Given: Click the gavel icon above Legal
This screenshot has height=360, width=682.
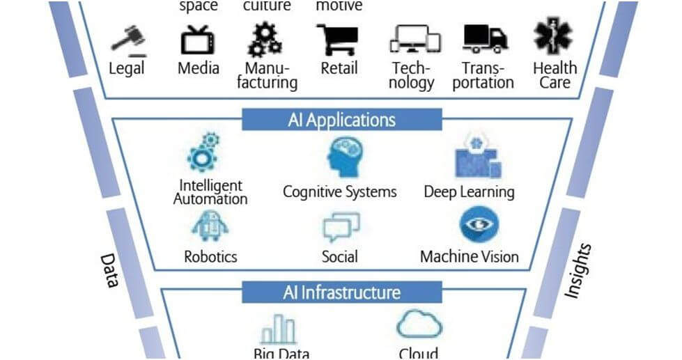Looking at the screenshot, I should pos(127,41).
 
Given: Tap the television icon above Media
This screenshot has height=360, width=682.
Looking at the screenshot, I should pos(197,40).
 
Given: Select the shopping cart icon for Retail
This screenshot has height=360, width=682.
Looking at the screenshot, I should pos(338,40).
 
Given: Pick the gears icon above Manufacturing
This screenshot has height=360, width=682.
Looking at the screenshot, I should pos(265,40).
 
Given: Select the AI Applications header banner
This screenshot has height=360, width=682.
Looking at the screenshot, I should pos(341,120).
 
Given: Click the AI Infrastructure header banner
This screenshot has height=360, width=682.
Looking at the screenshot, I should pos(341,292).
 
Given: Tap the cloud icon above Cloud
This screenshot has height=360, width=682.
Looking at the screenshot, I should pos(419,324).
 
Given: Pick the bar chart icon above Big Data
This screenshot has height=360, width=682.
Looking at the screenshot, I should pos(277,329).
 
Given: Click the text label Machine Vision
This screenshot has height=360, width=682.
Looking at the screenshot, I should pos(469,257).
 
